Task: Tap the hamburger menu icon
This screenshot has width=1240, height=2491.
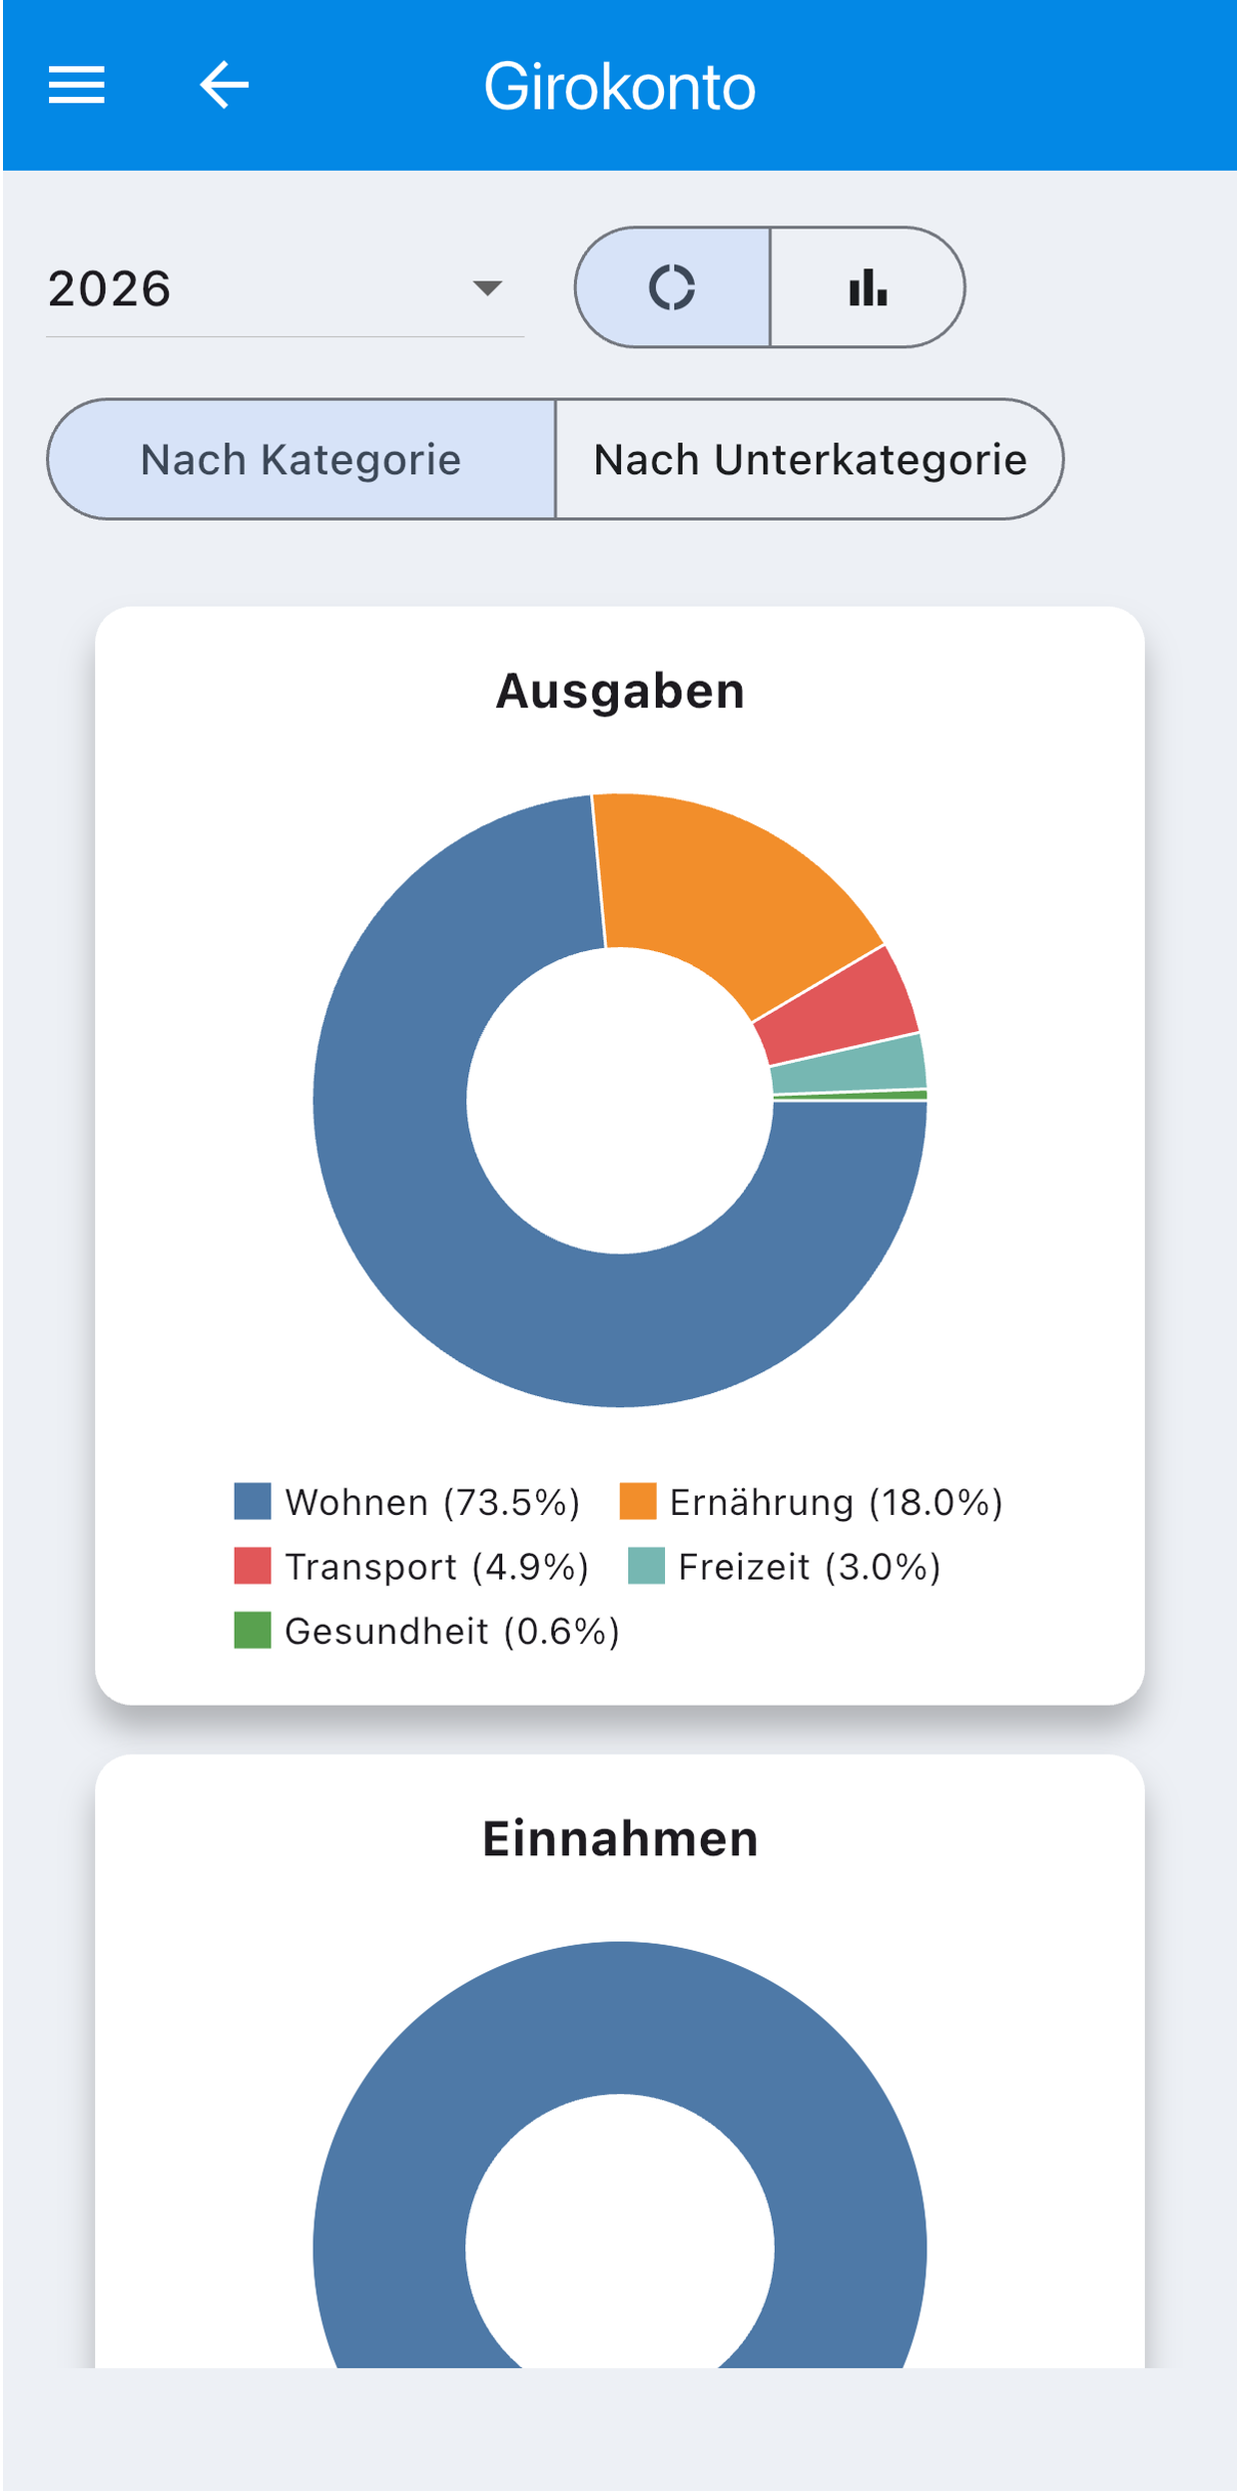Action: point(77,85)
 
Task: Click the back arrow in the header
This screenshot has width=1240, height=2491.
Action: point(224,85)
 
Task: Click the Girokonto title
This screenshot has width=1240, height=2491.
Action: point(620,87)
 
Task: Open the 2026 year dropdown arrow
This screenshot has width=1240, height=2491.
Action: point(487,288)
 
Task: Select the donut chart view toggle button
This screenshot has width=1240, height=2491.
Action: point(673,287)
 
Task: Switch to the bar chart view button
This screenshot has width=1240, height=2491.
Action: point(868,287)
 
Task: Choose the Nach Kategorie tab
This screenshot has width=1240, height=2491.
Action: point(302,459)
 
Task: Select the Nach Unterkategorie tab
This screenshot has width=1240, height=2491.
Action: point(810,459)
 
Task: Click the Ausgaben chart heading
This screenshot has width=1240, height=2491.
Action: point(620,691)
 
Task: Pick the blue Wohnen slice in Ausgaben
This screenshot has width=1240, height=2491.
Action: point(469,1247)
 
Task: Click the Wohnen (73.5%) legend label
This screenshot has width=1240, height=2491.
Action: point(432,1502)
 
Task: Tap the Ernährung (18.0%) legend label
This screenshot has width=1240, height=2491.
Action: point(836,1502)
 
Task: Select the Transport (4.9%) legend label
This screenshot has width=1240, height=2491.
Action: point(436,1567)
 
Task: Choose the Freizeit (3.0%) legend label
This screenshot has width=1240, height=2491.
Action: point(810,1567)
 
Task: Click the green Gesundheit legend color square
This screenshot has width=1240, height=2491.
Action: point(253,1631)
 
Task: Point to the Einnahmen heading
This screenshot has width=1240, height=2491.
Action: point(620,1838)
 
